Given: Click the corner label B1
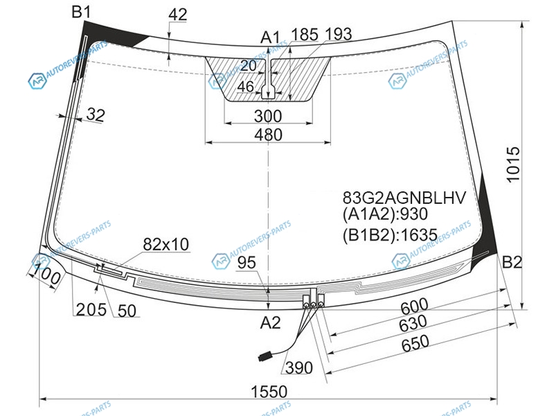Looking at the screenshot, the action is (81, 12).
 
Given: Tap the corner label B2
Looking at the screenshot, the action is (512, 263).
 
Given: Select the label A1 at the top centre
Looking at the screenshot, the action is (270, 37).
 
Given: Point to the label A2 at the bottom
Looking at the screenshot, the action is (270, 322).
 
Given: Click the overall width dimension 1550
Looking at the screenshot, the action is (269, 392).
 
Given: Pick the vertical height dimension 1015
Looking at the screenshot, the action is (513, 164).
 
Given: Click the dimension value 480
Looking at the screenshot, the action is (268, 135).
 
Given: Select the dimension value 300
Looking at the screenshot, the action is (268, 116).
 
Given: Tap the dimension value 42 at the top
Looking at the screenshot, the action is (178, 15).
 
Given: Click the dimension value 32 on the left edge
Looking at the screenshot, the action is (96, 115).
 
